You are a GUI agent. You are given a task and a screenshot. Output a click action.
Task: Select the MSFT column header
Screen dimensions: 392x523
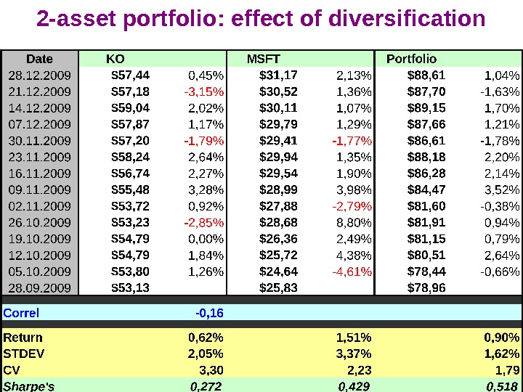point(264,58)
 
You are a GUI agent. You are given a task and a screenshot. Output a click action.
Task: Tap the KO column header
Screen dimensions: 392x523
point(115,58)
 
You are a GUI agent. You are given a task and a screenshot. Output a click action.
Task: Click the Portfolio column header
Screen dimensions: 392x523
point(412,58)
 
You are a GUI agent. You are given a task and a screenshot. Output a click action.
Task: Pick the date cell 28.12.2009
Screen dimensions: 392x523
point(39,75)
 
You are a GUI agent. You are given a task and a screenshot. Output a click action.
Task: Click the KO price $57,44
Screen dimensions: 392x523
point(131,75)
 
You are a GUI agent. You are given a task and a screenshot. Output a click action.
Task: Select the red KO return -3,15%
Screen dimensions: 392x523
point(203,91)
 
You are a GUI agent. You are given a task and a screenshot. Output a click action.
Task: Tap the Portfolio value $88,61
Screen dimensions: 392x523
point(427,75)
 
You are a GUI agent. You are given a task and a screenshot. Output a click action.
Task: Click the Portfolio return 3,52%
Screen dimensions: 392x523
point(502,190)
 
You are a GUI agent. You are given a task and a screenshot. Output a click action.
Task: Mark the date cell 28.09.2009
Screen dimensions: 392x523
point(39,288)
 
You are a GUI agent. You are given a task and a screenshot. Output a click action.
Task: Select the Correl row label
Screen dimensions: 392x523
point(21,314)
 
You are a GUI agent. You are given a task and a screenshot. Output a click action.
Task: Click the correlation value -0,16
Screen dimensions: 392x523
point(209,314)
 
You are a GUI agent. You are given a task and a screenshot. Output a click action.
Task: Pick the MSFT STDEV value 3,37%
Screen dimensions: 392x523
point(354,354)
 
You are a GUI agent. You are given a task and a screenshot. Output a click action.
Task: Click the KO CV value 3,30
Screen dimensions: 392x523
point(211,370)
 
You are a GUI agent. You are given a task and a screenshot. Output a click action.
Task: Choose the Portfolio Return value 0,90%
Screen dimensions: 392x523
point(502,338)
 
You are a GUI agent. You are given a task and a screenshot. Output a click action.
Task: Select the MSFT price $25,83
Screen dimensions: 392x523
point(279,288)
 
